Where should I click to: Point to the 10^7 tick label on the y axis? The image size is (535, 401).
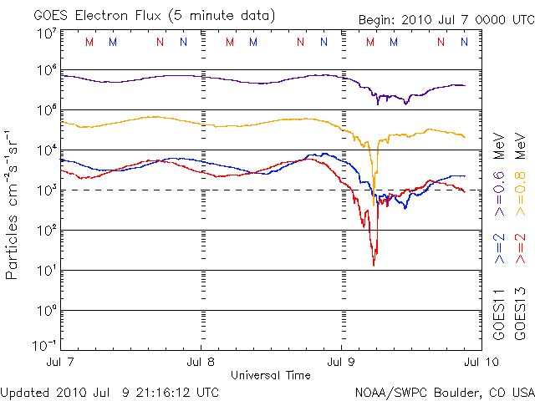pyautogui.click(x=45, y=33)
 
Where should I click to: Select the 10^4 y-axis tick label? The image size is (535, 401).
pyautogui.click(x=45, y=150)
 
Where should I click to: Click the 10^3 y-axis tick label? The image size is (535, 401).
pyautogui.click(x=45, y=190)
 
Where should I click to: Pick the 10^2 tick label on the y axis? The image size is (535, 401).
pyautogui.click(x=45, y=231)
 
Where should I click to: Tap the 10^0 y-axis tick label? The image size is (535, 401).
pyautogui.click(x=45, y=311)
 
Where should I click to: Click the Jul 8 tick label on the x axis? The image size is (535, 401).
pyautogui.click(x=201, y=363)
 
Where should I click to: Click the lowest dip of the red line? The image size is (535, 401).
pyautogui.click(x=374, y=265)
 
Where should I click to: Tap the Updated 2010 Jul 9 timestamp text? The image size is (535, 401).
pyautogui.click(x=110, y=391)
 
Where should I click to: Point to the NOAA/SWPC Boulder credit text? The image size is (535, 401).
pyautogui.click(x=443, y=391)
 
